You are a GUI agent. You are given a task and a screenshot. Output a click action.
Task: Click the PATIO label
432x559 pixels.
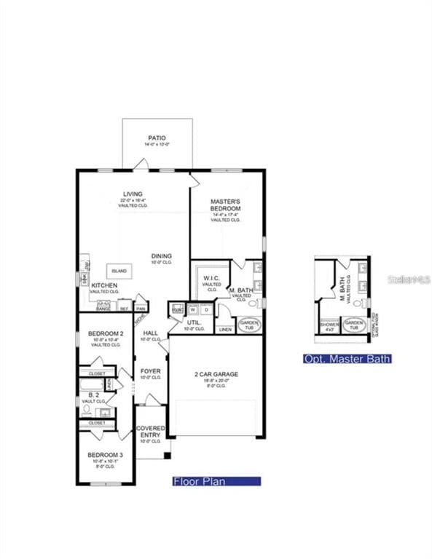pos(157,138)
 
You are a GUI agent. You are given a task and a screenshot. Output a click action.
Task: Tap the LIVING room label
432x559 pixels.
pos(133,194)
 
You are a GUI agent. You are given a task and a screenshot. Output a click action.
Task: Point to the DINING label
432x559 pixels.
pos(162,255)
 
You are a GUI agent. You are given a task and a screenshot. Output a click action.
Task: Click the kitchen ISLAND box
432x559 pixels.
pos(119,271)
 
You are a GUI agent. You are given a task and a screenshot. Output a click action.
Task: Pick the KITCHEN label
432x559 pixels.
pos(104,285)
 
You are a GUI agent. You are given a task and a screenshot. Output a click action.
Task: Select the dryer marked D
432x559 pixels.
pos(206,309)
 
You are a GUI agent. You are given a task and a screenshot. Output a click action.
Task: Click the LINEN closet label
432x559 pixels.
pos(225,329)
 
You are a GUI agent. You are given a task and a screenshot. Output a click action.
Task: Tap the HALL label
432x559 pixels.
pos(150,332)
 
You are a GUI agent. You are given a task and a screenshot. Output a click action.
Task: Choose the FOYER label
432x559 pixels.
pos(150,371)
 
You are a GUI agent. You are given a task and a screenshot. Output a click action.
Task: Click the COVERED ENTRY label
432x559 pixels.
pos(150,432)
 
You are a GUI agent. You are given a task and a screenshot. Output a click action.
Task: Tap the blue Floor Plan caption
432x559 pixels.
pos(216,481)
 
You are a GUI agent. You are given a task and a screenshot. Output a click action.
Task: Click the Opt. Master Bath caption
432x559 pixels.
pos(347,359)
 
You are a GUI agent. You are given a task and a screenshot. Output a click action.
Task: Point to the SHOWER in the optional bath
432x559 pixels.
pos(329,324)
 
